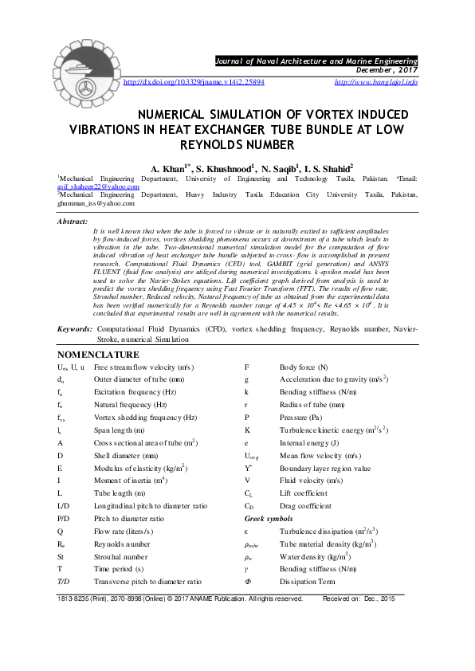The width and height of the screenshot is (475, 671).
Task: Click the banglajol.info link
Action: tap(375, 82)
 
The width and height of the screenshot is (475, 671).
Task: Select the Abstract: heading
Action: tap(73, 222)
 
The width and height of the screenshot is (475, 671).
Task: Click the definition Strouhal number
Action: tap(120, 557)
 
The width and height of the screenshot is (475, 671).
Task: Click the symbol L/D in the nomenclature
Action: tap(65, 506)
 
